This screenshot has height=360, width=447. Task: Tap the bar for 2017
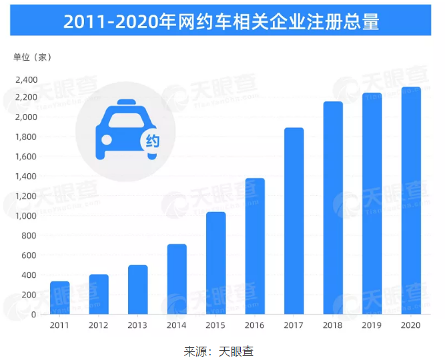[294, 221]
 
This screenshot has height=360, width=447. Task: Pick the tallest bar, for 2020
[410, 200]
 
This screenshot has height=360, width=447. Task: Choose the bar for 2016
[255, 246]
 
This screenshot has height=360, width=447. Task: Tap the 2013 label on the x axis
[138, 325]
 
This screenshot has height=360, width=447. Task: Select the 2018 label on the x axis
[333, 325]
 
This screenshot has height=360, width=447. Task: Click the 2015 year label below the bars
[215, 325]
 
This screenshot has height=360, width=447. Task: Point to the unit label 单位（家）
[32, 57]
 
